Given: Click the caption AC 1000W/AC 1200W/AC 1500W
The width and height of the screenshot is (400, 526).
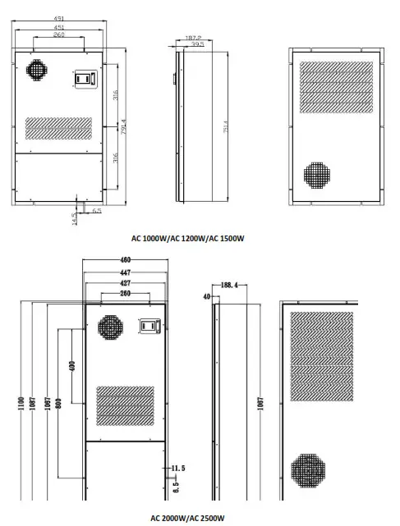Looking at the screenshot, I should (188, 239).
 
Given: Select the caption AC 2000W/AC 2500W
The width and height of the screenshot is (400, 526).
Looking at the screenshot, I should (187, 518).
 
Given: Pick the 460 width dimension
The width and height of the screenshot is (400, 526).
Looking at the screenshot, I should (126, 261).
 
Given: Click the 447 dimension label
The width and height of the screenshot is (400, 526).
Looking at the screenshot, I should (126, 272).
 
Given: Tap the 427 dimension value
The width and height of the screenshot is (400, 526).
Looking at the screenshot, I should (126, 282).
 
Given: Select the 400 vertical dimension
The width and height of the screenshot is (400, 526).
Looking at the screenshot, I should (71, 364).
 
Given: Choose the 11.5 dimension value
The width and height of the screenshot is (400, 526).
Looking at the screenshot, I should (178, 468).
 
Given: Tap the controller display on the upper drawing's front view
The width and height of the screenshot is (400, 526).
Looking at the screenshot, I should (86, 78).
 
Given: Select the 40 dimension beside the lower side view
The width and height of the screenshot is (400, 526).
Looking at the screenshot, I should (205, 295).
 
